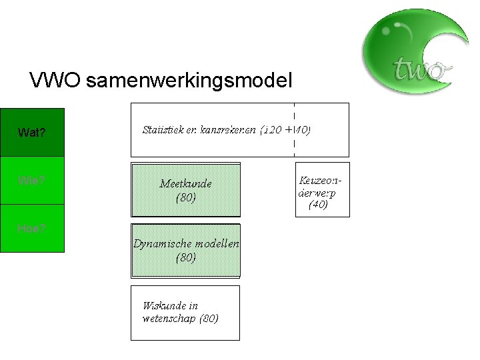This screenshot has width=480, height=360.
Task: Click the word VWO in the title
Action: coord(55,81)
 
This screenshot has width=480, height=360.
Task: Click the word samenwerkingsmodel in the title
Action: coord(189,81)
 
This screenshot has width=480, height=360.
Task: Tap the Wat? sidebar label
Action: coord(32,133)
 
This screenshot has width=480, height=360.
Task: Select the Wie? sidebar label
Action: coord(31,180)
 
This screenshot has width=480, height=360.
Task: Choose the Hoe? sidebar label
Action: coord(31,228)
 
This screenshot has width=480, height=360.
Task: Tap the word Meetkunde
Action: coord(185,183)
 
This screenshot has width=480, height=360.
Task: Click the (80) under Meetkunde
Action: coord(185,197)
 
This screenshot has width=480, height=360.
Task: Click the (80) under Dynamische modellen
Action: coord(185,257)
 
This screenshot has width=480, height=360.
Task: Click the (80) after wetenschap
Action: coord(209,318)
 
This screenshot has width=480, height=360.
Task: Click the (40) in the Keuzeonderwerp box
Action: coord(318,205)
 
